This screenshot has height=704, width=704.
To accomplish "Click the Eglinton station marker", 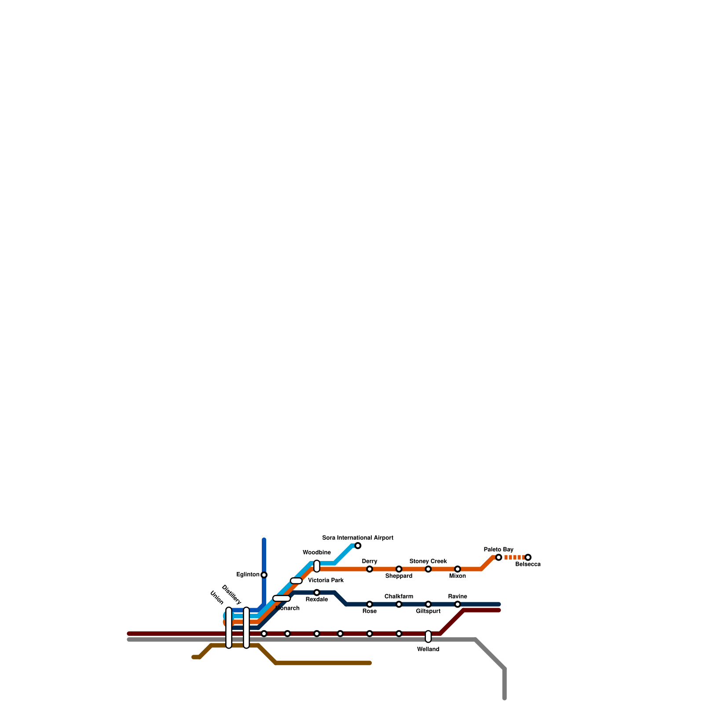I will pos(264,575).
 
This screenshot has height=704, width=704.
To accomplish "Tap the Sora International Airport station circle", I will pos(358,546).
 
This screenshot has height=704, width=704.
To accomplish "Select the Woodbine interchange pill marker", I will pos(317,566).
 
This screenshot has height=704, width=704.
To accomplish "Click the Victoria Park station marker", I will pos(296,581).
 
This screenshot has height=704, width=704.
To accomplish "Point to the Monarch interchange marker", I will pos(282,598).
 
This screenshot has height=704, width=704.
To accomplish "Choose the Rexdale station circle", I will pos(317,592).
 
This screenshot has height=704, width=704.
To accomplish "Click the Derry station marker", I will pos(370,569).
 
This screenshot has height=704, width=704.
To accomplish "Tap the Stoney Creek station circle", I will pos(428,569).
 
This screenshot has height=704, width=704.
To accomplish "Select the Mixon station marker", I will pos(458,569).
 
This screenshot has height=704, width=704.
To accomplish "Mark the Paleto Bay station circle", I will pos(499,557).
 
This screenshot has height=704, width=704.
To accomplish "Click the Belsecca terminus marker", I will pos(528,557).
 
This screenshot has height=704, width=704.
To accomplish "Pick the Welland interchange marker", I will pos(428,636).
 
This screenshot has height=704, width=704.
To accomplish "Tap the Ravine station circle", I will pos(458,604).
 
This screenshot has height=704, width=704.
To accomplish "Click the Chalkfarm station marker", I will pos(399,604).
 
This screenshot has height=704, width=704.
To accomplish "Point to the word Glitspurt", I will pos(428,611).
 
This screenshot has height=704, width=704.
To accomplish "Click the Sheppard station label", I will pos(399,576).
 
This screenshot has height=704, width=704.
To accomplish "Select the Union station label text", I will pos(217,598).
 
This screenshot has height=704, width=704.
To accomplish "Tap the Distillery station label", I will pos(231,594).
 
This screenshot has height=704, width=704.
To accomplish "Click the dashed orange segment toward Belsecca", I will pos(513,557).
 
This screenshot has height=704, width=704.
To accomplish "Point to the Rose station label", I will pos(370,611).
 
